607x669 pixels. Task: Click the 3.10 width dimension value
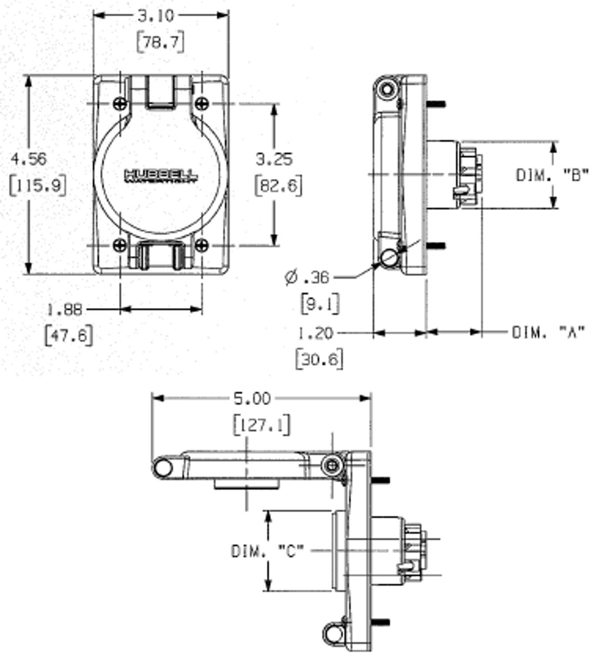[155, 16]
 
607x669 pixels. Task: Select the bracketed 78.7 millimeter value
[160, 42]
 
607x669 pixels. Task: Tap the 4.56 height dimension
[29, 159]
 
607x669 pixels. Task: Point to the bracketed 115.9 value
[38, 185]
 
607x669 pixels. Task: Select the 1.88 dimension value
[65, 309]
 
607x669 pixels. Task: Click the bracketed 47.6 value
[68, 335]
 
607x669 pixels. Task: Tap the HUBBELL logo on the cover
[160, 176]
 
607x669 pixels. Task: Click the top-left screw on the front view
[120, 103]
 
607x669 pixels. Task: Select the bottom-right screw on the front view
[202, 245]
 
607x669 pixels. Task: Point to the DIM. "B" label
[552, 175]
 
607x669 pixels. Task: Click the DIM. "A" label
[549, 333]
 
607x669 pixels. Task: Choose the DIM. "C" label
[268, 551]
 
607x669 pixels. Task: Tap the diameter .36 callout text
[307, 277]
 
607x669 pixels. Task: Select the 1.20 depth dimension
[315, 333]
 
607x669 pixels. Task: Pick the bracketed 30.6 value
[319, 359]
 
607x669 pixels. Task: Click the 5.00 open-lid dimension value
[252, 399]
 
